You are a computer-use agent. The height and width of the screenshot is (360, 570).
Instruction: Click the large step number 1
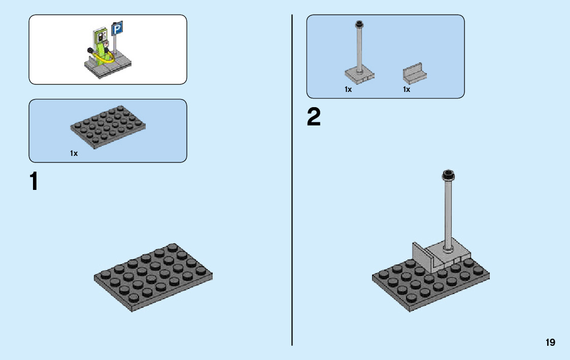tap(34, 182)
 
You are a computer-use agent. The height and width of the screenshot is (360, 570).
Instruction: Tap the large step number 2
tap(314, 118)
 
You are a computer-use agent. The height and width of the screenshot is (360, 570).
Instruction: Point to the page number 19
tap(550, 343)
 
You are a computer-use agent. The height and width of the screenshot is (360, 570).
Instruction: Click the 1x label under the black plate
tap(74, 153)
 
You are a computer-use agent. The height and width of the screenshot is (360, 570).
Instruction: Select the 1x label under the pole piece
tap(348, 89)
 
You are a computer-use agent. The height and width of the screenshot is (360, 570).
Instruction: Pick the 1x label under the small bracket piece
tap(407, 89)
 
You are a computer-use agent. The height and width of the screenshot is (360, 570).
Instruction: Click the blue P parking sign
tap(117, 29)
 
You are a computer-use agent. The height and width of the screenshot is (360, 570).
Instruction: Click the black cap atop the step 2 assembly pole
tap(448, 175)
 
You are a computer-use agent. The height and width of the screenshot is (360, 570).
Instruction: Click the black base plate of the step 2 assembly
tap(416, 289)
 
